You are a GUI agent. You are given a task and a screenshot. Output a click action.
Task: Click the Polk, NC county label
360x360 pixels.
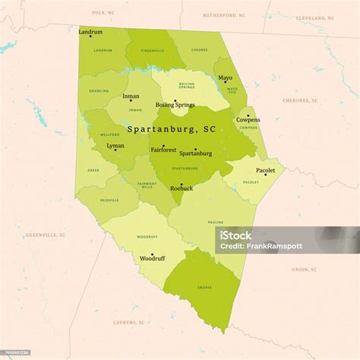[103, 13]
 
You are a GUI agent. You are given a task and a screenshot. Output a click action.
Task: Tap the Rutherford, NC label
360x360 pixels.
[224, 15]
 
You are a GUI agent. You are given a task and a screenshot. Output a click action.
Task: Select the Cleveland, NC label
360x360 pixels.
[315, 17]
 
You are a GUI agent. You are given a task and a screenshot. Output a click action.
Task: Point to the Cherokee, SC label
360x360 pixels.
[300, 100]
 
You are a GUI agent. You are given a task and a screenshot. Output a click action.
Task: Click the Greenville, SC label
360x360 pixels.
[46, 235]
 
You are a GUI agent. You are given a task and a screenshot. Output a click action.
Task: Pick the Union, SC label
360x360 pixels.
[304, 269]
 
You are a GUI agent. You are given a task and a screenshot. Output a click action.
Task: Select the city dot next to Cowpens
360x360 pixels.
[248, 116]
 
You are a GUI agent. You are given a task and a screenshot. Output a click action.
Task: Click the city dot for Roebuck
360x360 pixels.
[181, 184]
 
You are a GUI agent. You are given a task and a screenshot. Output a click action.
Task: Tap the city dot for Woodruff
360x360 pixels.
[153, 255]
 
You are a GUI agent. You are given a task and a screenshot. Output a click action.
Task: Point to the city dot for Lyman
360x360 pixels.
[115, 150]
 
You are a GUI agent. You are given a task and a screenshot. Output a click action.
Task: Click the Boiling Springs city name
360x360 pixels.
[175, 106]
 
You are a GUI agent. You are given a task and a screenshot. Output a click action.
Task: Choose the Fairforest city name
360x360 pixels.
[163, 150]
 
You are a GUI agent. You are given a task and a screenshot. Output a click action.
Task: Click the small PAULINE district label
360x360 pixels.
[215, 223]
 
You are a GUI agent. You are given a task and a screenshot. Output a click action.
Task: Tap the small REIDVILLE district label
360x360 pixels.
[110, 200]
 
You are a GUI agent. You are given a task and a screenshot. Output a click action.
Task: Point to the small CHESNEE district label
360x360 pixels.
[200, 50]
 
